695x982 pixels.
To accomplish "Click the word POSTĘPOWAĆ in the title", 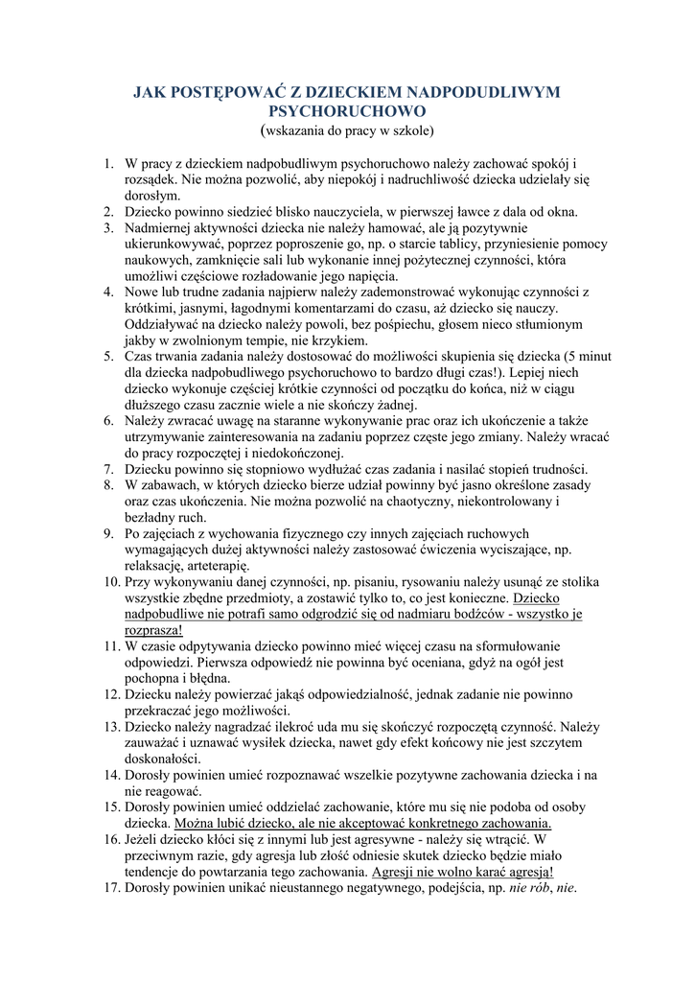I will pyautogui.click(x=220, y=92).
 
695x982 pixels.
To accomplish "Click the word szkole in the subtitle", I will pyautogui.click(x=407, y=129).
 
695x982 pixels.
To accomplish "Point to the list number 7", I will pyautogui.click(x=109, y=469).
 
